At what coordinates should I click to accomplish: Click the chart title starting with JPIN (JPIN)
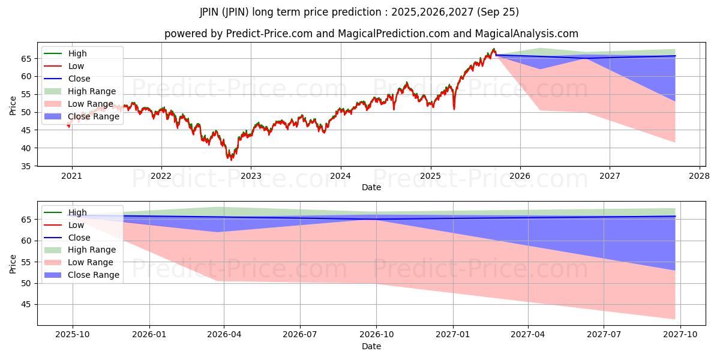coord(359,12)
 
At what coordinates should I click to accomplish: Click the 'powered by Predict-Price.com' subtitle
coord(371,34)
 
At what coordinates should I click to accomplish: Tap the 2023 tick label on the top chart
coord(251,176)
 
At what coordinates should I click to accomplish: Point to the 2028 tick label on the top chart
coord(700,176)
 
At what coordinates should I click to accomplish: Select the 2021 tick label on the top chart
coord(72,176)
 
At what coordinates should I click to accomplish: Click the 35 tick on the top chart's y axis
coord(26,166)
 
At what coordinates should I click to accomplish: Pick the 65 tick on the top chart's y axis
coord(26,58)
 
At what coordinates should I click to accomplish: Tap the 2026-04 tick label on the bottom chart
coord(224,335)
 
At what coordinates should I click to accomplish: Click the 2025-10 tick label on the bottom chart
coord(73,335)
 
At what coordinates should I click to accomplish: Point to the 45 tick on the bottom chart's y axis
coord(26,304)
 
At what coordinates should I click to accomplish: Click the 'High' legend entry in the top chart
coord(77,53)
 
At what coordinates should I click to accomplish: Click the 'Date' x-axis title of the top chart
coord(371,187)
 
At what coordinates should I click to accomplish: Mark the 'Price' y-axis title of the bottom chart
coord(13,263)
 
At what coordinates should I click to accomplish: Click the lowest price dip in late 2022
coord(231,160)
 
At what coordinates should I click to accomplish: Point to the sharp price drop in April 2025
coord(454,109)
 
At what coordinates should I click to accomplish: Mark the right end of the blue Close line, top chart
coord(675,56)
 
